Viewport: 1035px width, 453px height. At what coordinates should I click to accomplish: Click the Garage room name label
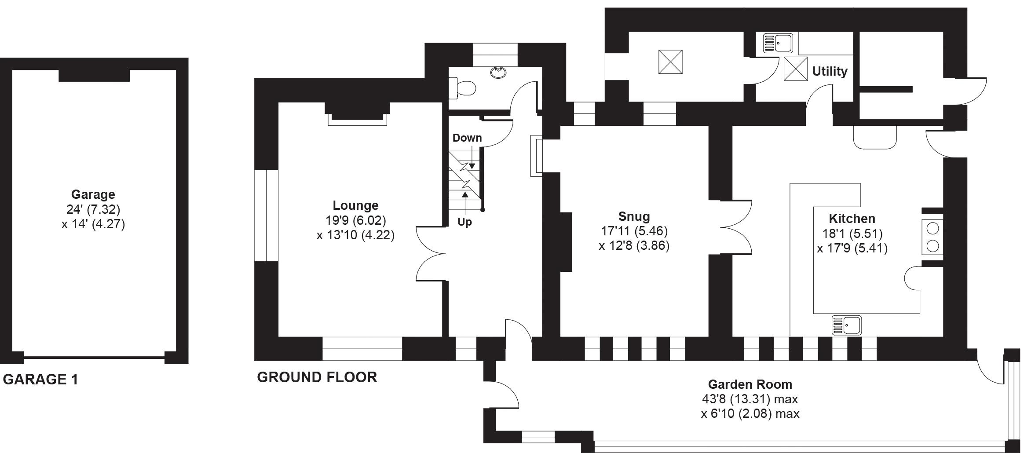93,194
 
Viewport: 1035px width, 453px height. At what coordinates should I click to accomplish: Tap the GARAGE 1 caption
40,379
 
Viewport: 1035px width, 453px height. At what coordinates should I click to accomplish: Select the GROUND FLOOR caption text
317,377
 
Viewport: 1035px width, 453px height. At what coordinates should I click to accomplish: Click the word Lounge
355,205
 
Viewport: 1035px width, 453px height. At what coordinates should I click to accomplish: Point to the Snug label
634,216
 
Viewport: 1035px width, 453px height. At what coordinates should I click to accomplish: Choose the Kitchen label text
852,219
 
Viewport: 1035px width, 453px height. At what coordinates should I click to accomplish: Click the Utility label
830,71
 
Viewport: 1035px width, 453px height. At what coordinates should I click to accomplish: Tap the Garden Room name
750,384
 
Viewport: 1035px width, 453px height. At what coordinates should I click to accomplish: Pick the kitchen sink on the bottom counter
846,325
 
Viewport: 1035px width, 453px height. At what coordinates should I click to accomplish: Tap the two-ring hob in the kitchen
933,237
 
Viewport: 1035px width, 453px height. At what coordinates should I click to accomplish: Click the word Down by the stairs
467,138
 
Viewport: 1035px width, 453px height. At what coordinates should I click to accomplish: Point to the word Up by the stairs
464,222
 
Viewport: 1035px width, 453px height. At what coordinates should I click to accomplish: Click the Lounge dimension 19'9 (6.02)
355,220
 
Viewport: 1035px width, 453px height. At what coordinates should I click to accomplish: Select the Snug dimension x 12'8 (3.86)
634,245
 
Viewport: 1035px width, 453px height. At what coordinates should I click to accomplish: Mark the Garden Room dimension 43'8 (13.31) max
750,399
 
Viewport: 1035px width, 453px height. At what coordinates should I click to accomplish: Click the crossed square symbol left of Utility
796,69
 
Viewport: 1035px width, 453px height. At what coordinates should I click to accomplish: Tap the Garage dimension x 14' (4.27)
93,224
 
